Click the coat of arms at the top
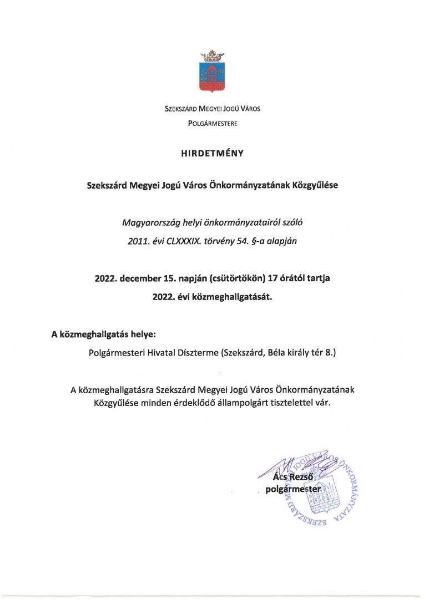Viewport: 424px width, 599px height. point(212,77)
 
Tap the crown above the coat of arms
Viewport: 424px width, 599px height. point(212,55)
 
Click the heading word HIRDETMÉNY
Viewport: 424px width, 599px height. point(212,154)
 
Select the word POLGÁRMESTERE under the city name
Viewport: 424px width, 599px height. point(212,123)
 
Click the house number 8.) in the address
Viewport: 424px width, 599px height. point(330,352)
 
